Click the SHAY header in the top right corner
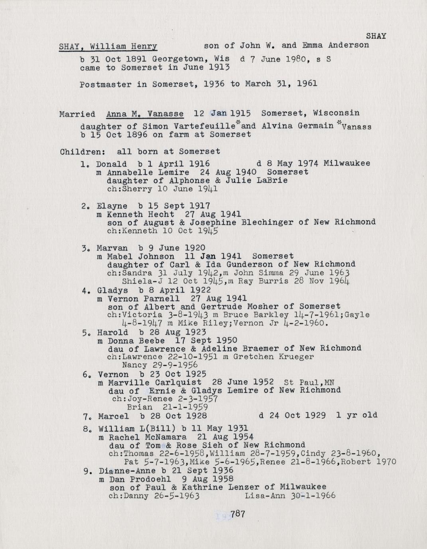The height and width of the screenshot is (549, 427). (x=376, y=36)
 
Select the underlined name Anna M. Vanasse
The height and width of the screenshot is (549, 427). (x=145, y=115)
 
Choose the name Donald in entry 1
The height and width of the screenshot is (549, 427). (x=112, y=164)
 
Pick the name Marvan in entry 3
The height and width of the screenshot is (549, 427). (x=112, y=248)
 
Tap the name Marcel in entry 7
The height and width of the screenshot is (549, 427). (x=113, y=416)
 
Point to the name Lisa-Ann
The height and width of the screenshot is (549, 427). (x=262, y=496)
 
